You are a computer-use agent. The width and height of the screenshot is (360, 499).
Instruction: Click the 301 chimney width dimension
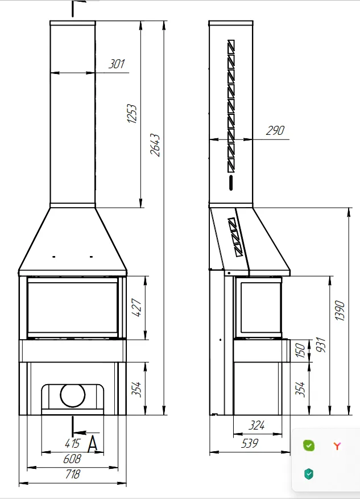[x=117, y=64]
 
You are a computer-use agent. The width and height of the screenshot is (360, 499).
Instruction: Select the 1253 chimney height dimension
[x=132, y=113]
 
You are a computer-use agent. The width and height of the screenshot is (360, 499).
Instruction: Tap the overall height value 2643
[x=155, y=145]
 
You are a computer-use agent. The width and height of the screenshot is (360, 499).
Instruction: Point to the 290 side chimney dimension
[x=275, y=130]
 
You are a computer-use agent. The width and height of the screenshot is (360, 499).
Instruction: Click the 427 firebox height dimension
[x=136, y=307]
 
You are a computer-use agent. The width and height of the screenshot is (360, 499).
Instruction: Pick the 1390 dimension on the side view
[x=340, y=310]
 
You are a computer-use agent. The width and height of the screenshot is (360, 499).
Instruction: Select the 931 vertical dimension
[x=321, y=345]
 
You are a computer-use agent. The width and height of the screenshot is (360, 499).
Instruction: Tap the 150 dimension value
[x=300, y=350]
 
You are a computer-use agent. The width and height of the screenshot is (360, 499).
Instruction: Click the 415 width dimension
[x=72, y=443]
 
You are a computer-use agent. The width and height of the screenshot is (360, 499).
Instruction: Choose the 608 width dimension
[x=72, y=459]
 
